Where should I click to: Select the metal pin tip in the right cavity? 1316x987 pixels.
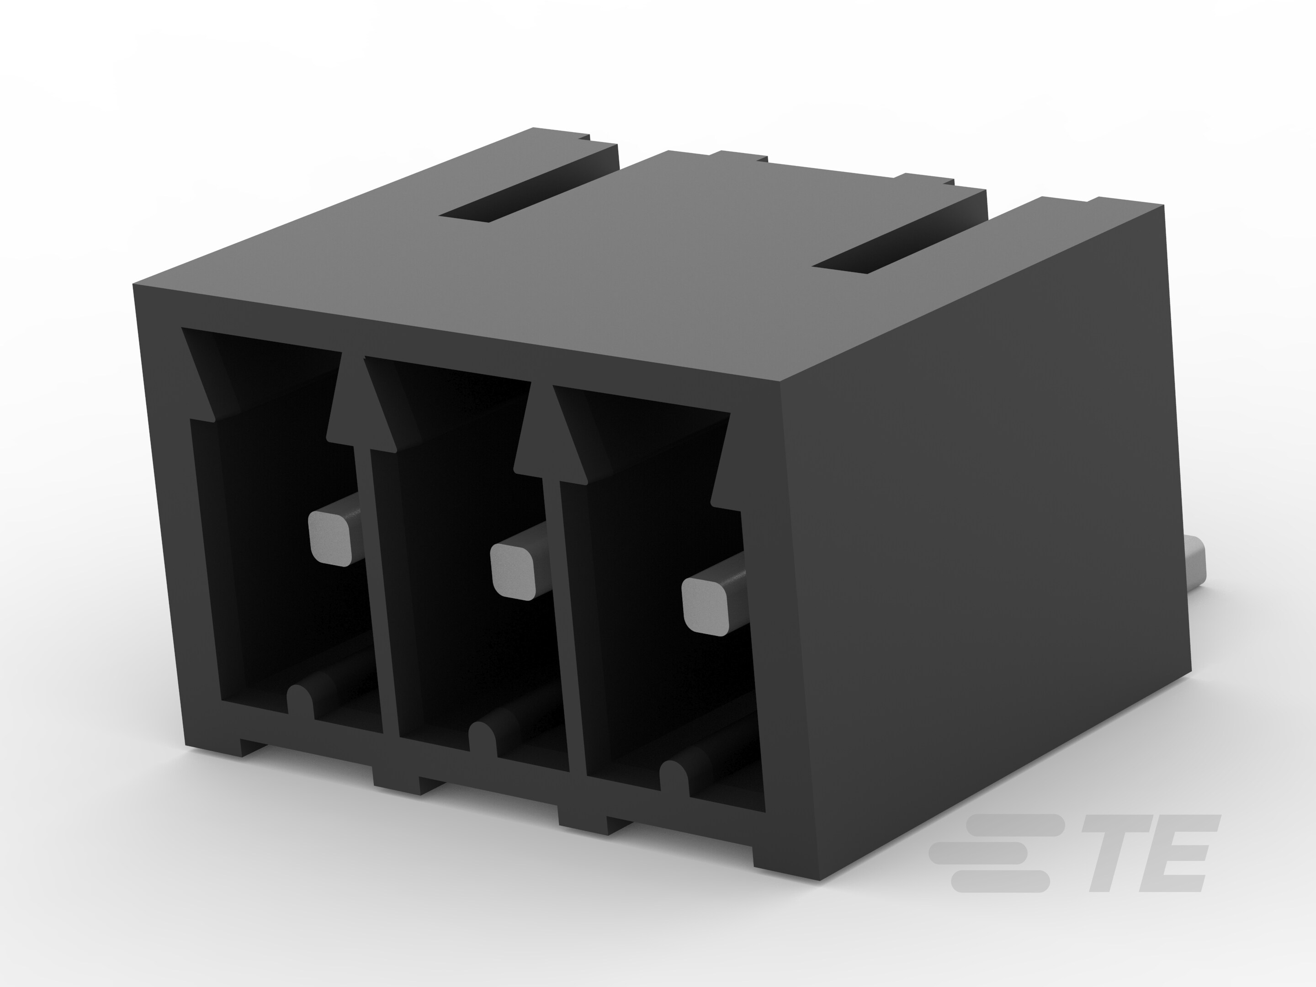[706, 605]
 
